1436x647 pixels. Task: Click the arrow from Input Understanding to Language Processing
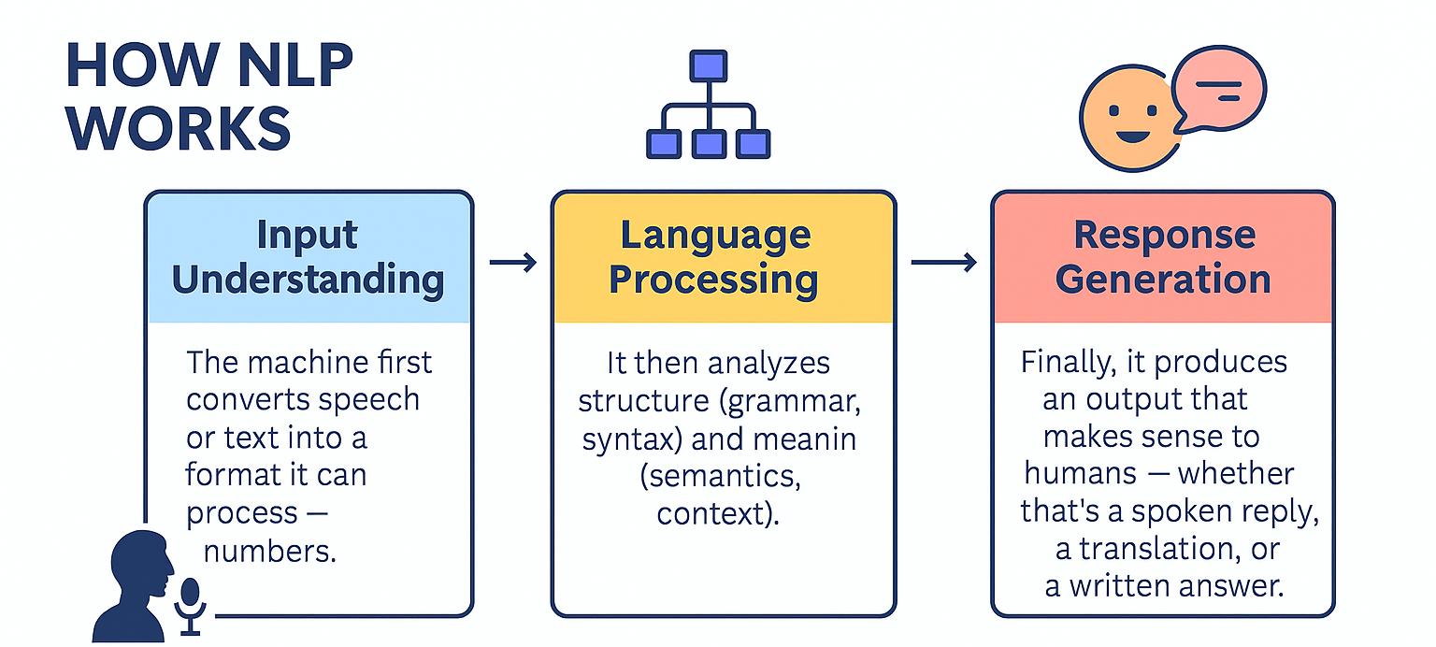(513, 263)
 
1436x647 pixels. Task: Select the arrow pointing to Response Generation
(943, 263)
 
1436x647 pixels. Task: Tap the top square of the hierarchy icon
(709, 66)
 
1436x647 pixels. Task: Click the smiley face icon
(1131, 119)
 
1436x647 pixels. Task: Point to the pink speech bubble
(1218, 89)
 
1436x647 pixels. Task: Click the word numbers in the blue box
(270, 551)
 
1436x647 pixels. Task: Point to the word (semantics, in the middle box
(721, 477)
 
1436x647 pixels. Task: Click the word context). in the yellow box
(718, 513)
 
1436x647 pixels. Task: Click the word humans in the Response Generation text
(1080, 473)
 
